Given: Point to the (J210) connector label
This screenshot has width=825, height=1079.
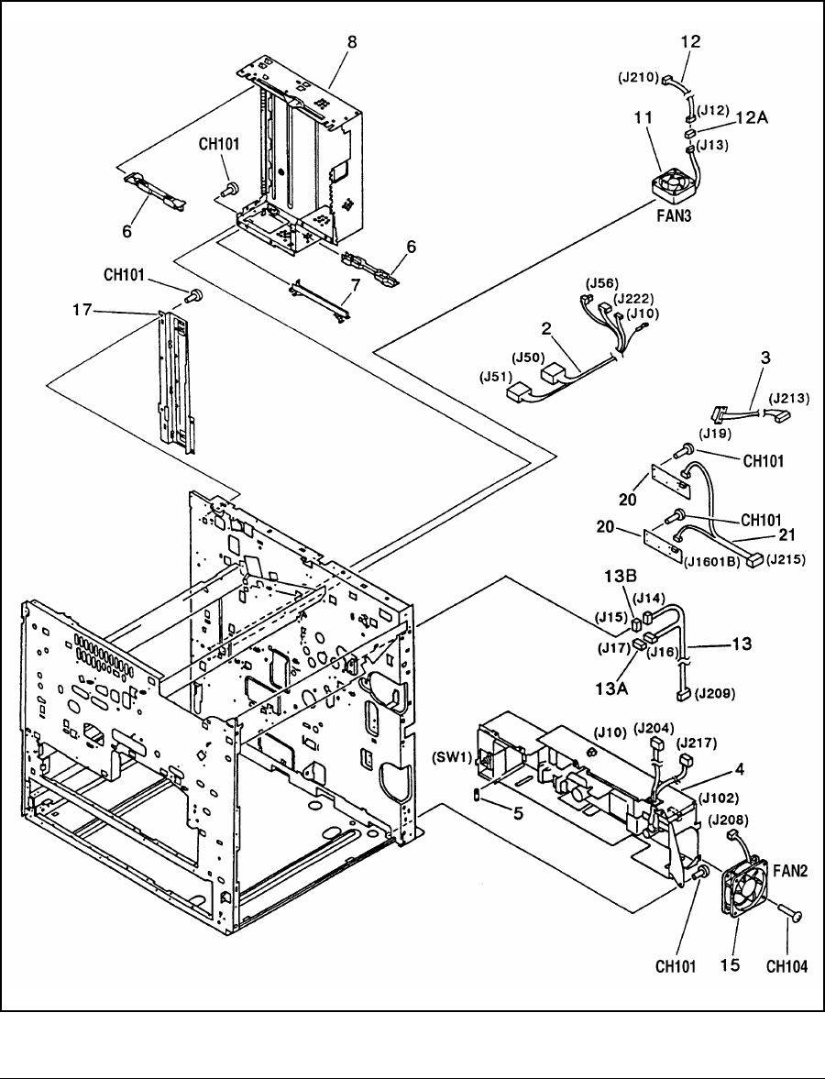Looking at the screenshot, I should (637, 79).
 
